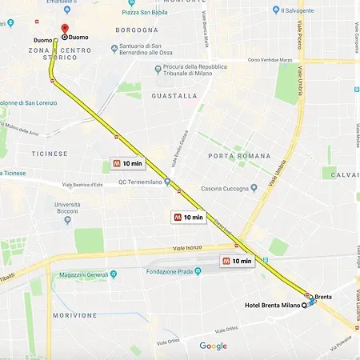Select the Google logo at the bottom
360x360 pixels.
tap(213, 346)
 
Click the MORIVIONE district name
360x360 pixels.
tap(74, 315)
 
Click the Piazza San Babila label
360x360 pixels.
tap(146, 12)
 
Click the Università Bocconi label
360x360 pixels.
tap(66, 210)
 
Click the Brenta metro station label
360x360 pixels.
tap(323, 297)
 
